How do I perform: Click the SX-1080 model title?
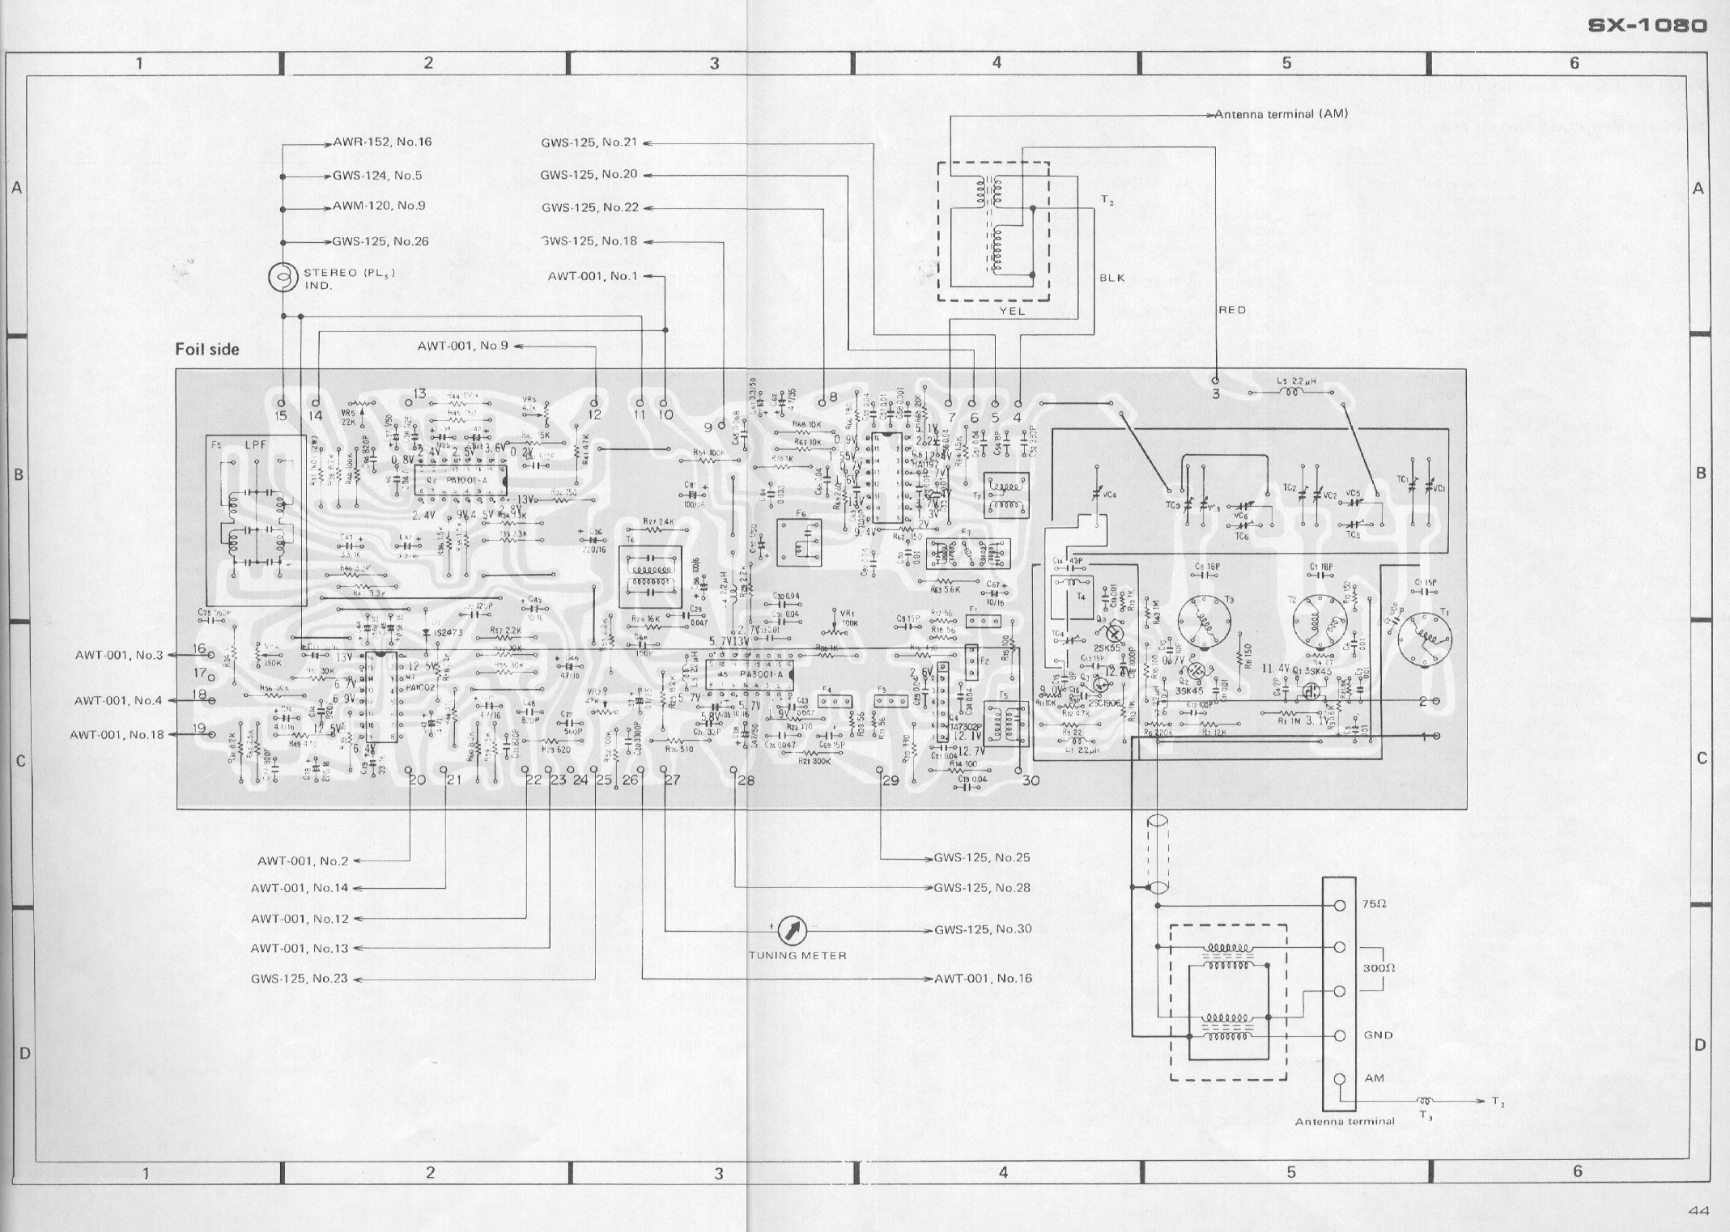click(1647, 26)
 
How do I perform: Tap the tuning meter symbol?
click(792, 931)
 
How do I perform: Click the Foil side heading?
click(207, 349)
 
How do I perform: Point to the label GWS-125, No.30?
click(983, 928)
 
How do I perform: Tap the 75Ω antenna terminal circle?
click(1339, 906)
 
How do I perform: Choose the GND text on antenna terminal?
click(1378, 1035)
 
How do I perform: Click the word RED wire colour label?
click(1232, 310)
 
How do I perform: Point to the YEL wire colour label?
click(1012, 310)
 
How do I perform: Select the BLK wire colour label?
click(1112, 278)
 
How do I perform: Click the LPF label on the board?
click(257, 446)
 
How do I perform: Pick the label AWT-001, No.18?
click(117, 735)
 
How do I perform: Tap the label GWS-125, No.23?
click(299, 979)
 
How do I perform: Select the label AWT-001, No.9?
click(462, 346)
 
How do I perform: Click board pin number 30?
click(1030, 780)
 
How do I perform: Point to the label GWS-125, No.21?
click(589, 143)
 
